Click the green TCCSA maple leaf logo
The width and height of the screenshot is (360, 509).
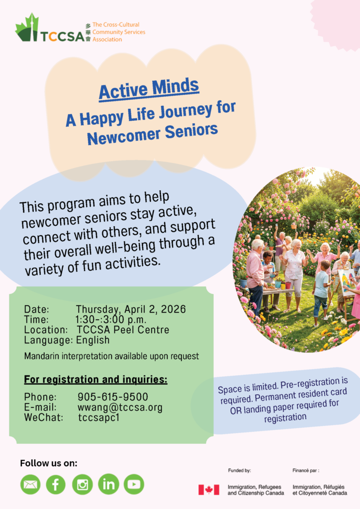27,28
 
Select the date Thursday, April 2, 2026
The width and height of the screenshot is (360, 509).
131,309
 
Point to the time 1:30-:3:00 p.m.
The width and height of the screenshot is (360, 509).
111,320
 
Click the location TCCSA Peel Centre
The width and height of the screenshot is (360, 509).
123,330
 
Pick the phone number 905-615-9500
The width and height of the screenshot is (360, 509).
113,397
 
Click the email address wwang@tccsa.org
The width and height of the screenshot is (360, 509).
120,407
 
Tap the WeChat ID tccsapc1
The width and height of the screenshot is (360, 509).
98,418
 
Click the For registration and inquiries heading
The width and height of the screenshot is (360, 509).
96,379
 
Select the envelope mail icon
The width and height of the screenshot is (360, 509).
30,484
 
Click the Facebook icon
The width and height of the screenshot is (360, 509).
56,484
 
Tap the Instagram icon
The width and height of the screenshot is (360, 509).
83,484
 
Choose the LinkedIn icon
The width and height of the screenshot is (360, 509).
108,484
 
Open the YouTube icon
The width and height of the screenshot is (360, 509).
134,484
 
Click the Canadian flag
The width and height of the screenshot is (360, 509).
209,490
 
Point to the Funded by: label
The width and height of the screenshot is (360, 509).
239,470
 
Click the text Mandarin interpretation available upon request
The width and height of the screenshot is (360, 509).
111,356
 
